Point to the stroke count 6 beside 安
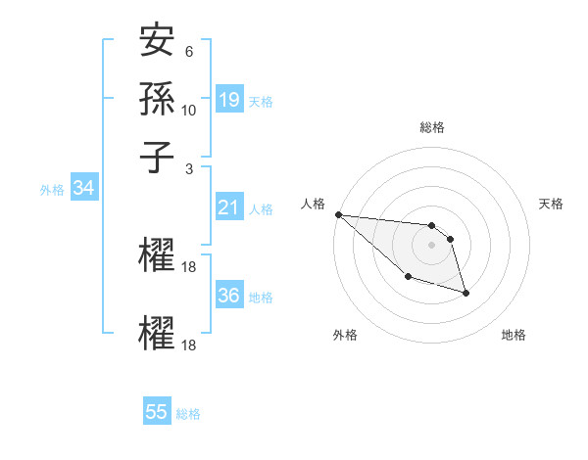(189, 52)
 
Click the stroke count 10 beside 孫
(189, 110)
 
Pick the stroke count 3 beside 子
(189, 167)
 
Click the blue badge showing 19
(229, 100)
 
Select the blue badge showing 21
(229, 207)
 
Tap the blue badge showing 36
(229, 296)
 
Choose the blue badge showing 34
(84, 189)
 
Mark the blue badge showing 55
(157, 412)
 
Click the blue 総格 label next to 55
(188, 414)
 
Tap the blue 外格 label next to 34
(52, 190)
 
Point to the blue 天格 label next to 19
(261, 102)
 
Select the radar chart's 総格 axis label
(431, 127)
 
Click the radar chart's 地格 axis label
(514, 336)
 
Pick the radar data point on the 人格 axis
(338, 214)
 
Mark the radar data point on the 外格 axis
(408, 277)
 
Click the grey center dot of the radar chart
(431, 245)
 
